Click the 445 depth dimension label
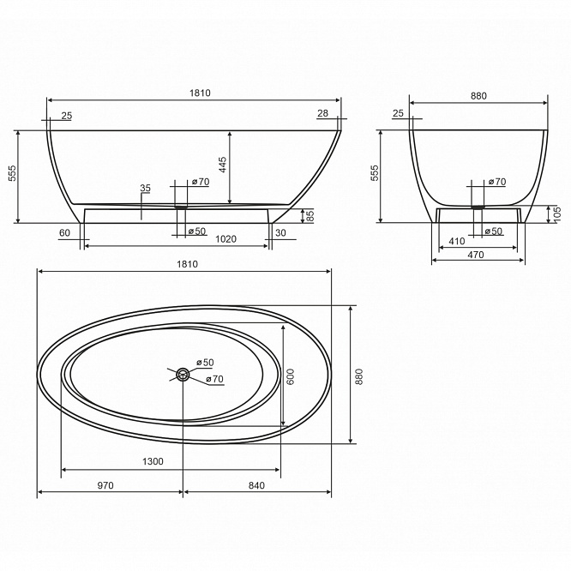(x=223, y=165)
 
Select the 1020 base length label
(x=225, y=239)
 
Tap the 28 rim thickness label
(x=322, y=113)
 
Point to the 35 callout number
(x=145, y=188)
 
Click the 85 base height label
(x=310, y=215)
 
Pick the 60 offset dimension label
(x=64, y=232)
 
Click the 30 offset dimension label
(x=280, y=232)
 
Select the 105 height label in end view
(x=567, y=214)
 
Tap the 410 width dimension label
(x=457, y=241)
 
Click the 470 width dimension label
(x=476, y=255)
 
